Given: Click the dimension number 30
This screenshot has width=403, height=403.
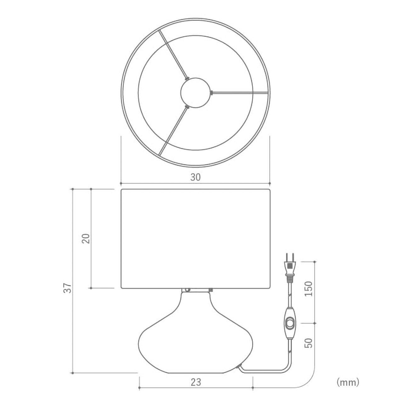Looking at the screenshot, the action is tap(195, 177).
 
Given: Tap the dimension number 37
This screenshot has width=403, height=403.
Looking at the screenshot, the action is tap(68, 288).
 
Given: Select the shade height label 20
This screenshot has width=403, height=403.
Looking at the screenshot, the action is tap(86, 238).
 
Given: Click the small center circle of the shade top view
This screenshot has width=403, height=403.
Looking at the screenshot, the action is tap(195, 93).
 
